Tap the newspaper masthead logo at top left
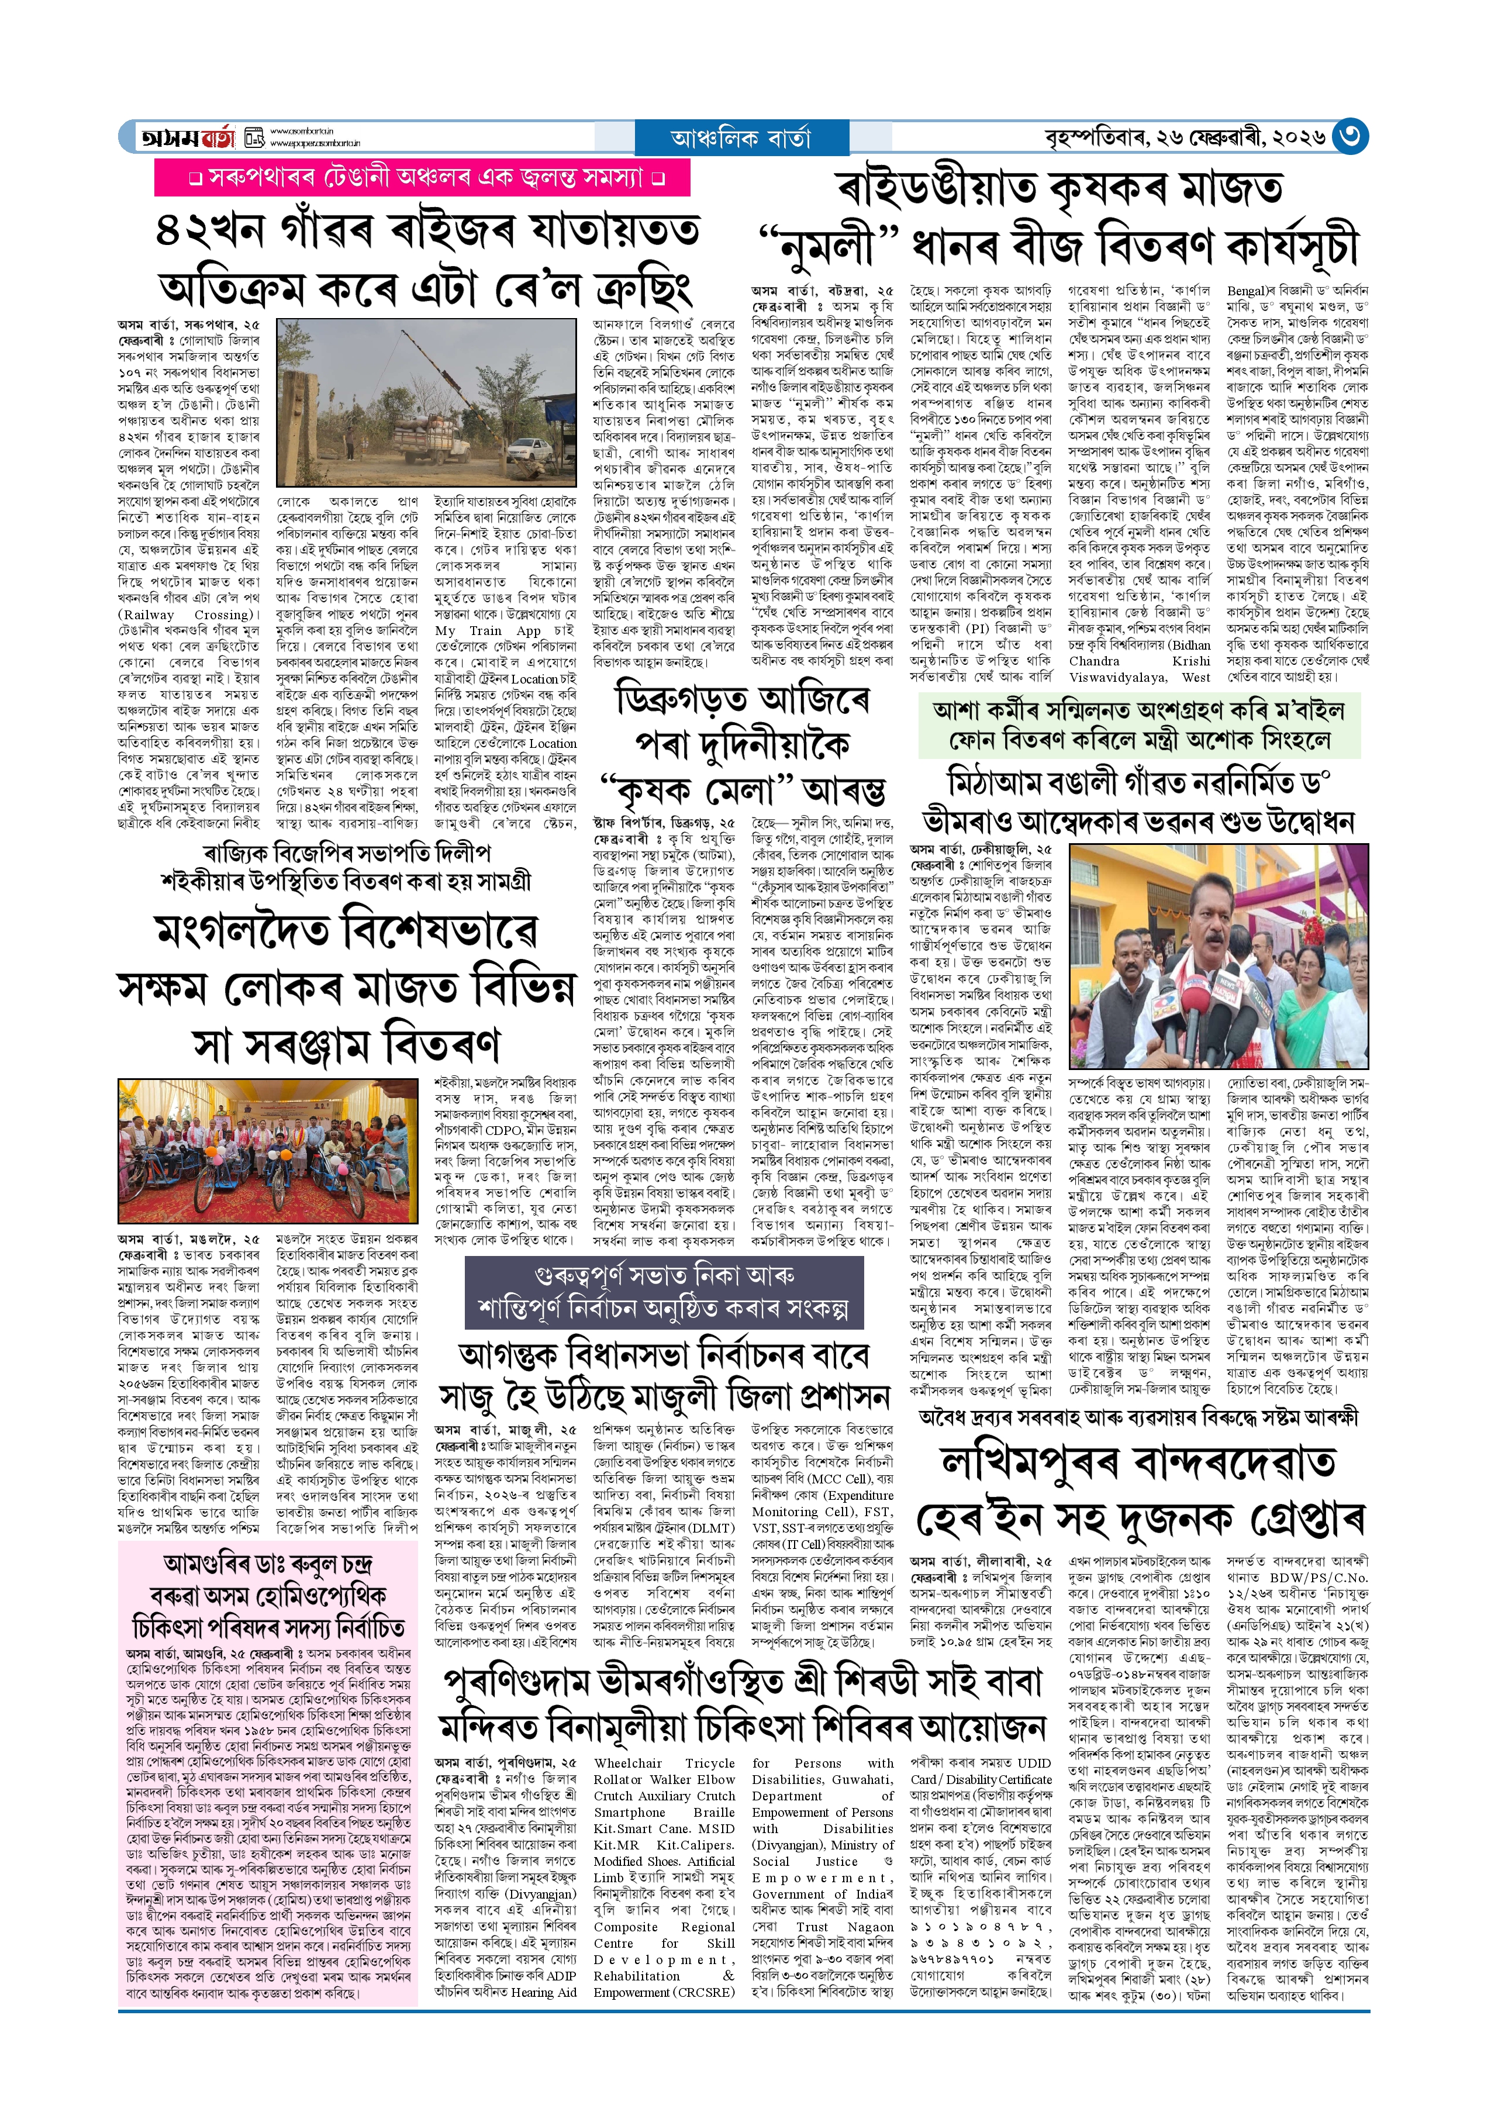188,137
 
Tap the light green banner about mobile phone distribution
1140,724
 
